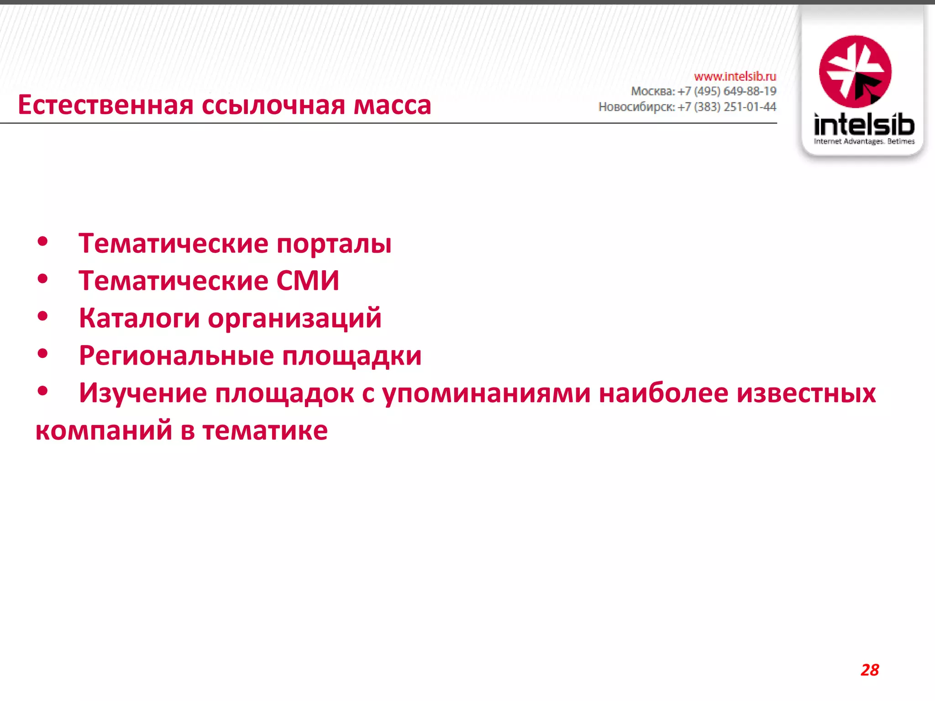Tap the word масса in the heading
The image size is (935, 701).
[392, 105]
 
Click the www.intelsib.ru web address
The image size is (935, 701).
[735, 76]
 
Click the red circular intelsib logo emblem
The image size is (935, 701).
[855, 72]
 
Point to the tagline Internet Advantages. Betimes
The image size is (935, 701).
[864, 141]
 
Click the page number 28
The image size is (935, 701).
[870, 670]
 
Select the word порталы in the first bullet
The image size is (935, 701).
[334, 244]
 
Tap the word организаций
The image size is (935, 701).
[294, 319]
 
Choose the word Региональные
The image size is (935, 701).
[176, 356]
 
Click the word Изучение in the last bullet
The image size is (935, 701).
[143, 393]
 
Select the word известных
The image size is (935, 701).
[806, 393]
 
